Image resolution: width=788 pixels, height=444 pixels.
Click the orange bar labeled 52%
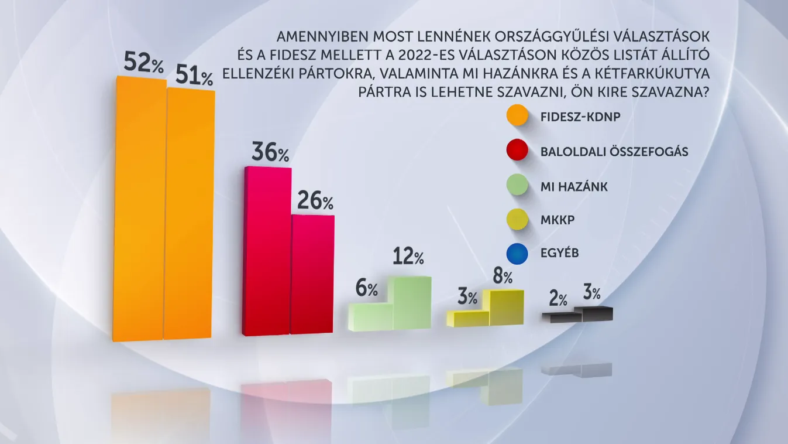140,208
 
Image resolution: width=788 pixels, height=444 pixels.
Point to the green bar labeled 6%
370,316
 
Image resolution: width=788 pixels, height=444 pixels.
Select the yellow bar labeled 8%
507,308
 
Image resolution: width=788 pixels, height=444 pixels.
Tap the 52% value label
143,63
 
